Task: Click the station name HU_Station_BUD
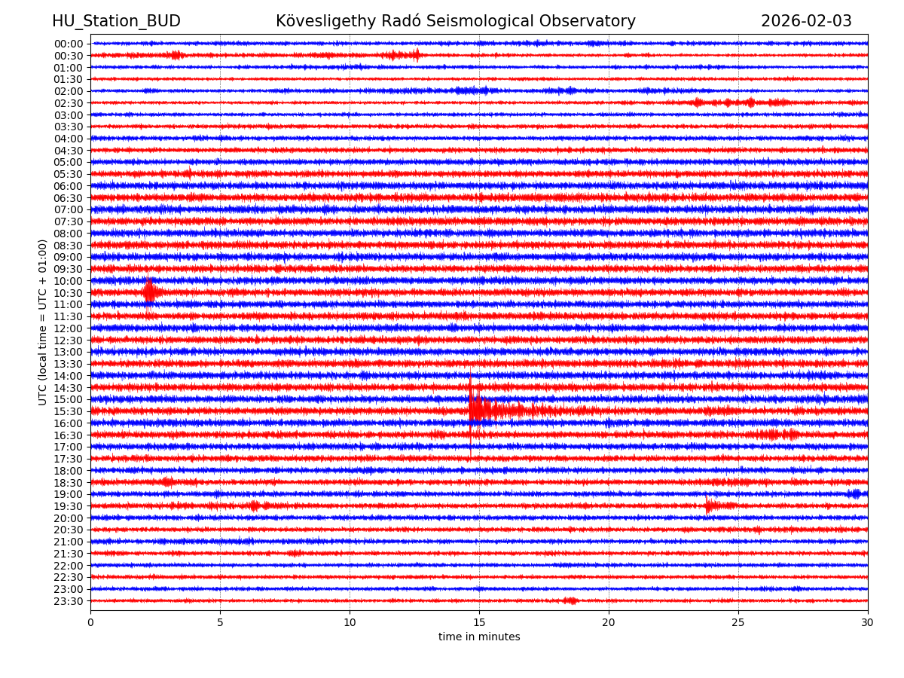pyautogui.click(x=116, y=21)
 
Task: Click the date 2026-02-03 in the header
pyautogui.click(x=806, y=21)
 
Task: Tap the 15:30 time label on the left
pyautogui.click(x=68, y=411)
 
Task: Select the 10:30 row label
pyautogui.click(x=68, y=293)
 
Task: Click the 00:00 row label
pyautogui.click(x=68, y=44)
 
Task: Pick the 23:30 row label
pyautogui.click(x=68, y=601)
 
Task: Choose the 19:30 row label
pyautogui.click(x=68, y=506)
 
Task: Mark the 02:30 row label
pyautogui.click(x=68, y=103)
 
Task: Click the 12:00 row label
pyautogui.click(x=68, y=328)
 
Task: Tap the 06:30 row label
pyautogui.click(x=68, y=198)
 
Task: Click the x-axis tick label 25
pyautogui.click(x=738, y=622)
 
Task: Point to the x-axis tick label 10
pyautogui.click(x=350, y=622)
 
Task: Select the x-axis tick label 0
pyautogui.click(x=90, y=622)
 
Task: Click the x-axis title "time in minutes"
pyautogui.click(x=479, y=637)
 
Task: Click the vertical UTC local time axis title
pyautogui.click(x=43, y=322)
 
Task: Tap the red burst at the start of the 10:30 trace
pyautogui.click(x=149, y=292)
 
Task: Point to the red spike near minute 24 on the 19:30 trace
pyautogui.click(x=708, y=505)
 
